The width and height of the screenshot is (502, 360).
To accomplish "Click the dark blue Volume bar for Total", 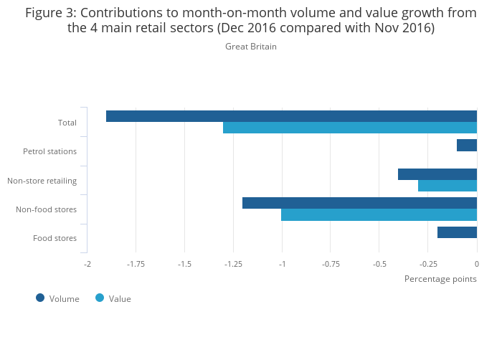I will point(291,116).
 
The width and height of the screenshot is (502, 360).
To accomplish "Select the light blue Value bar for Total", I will point(350,128).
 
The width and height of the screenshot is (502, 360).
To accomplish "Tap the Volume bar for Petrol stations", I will point(467,145).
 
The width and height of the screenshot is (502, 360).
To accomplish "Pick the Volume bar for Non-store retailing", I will point(437,174).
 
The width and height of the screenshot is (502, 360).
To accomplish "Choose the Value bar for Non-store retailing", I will point(447,186).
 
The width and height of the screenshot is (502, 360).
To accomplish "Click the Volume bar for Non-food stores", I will point(359,203).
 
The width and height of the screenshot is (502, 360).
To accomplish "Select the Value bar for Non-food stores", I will point(379,214).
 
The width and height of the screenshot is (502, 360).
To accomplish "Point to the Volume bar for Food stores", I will point(457,232).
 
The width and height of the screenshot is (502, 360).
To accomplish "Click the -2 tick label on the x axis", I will point(87,264).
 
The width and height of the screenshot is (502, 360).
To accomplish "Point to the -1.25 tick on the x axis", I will point(233,264).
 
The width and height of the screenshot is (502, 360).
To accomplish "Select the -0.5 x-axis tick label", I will point(379,264).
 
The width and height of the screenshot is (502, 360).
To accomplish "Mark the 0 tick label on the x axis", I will point(477,264).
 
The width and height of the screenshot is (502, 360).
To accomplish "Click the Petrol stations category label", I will point(49,151).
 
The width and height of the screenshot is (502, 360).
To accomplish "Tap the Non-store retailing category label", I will point(42,181).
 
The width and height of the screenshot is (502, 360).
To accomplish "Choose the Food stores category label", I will point(55,238).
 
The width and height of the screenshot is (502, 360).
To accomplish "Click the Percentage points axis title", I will point(440,279).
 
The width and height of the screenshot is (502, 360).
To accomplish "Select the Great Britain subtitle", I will point(251,47).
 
